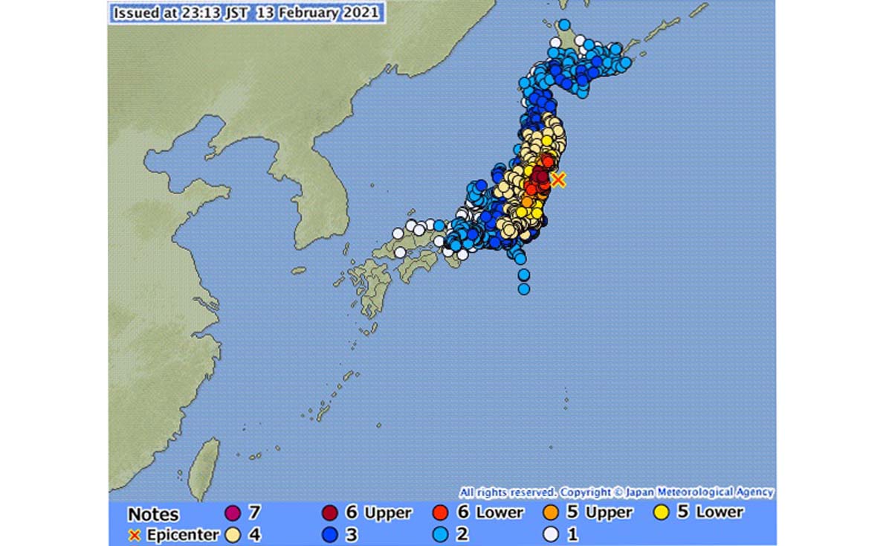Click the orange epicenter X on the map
[558, 179]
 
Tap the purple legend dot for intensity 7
[232, 513]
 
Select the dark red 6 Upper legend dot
[330, 513]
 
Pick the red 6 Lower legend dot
[440, 513]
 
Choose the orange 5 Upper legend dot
[550, 513]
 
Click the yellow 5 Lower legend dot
[661, 513]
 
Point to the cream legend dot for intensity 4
[232, 534]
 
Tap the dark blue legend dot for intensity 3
[330, 534]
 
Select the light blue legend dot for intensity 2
[440, 534]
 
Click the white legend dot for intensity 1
[550, 534]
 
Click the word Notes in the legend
[153, 514]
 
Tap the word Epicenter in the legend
[182, 535]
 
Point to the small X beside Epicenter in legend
[135, 535]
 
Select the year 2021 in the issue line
[360, 13]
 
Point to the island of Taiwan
[203, 466]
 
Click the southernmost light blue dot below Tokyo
[524, 289]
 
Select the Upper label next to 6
[388, 513]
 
